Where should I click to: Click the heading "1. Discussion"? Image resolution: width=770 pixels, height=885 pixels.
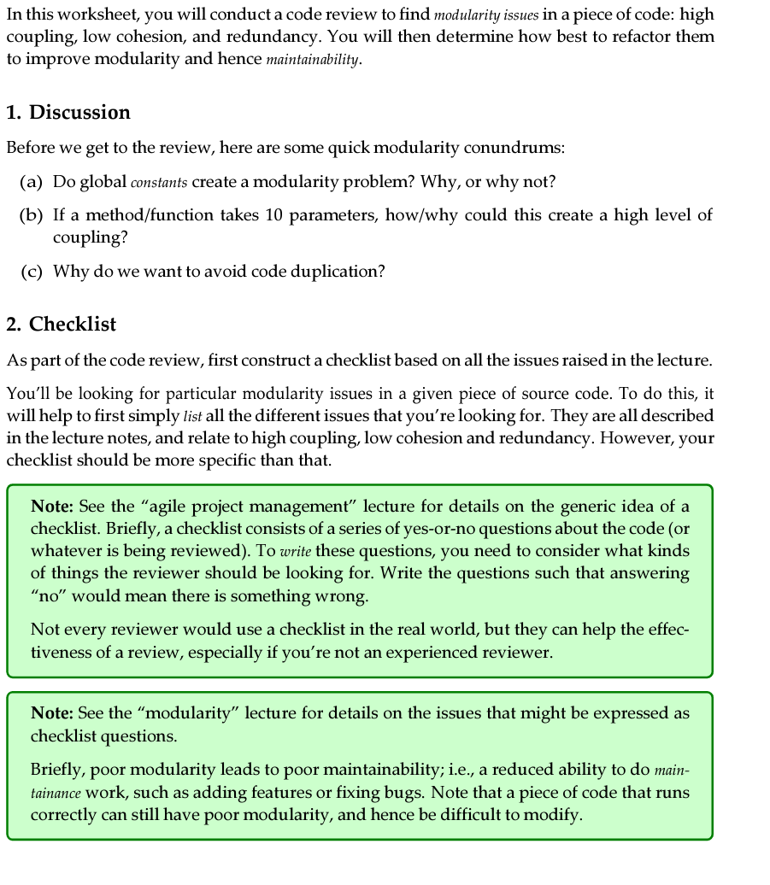click(x=68, y=113)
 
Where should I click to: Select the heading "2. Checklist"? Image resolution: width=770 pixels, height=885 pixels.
click(x=62, y=325)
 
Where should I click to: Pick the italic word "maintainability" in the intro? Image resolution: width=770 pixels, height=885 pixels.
click(x=313, y=61)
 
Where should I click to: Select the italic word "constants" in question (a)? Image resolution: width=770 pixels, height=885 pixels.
click(x=159, y=183)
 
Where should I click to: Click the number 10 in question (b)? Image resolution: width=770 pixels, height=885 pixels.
click(x=273, y=215)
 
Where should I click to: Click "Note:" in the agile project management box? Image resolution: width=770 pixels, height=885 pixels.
click(x=51, y=507)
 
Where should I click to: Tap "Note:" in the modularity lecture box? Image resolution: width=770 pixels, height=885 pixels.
click(x=51, y=713)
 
